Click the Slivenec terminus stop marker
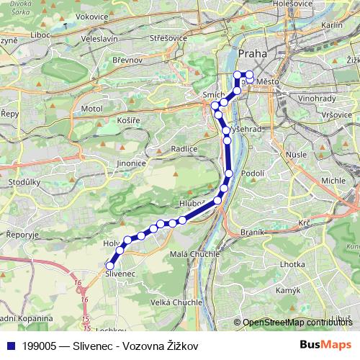click(x=110, y=266)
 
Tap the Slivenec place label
click(x=120, y=274)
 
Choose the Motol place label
click(x=93, y=108)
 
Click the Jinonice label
click(x=132, y=163)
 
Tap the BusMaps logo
click(x=325, y=346)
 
